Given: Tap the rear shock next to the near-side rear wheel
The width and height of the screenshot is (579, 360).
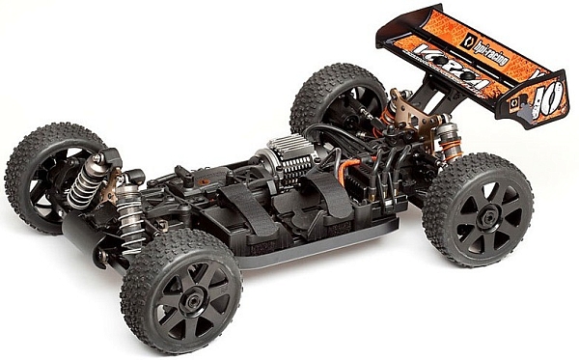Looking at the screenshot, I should pos(445,144).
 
